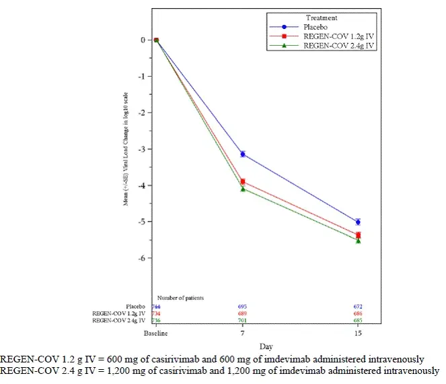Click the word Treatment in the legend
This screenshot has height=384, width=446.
point(322,18)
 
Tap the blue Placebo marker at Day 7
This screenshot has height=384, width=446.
point(243,154)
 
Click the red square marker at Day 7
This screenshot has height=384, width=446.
point(243,181)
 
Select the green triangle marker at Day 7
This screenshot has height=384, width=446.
point(243,189)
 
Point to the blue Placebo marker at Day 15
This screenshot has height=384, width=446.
point(358,222)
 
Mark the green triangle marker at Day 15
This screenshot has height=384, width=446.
point(358,241)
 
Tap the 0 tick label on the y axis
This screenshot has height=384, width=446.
point(144,40)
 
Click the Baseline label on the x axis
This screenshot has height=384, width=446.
point(155,334)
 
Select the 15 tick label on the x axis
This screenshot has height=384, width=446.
point(358,334)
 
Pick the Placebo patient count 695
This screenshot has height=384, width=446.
point(243,307)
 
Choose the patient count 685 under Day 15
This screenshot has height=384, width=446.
point(358,321)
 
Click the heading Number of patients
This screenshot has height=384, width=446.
point(181,297)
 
